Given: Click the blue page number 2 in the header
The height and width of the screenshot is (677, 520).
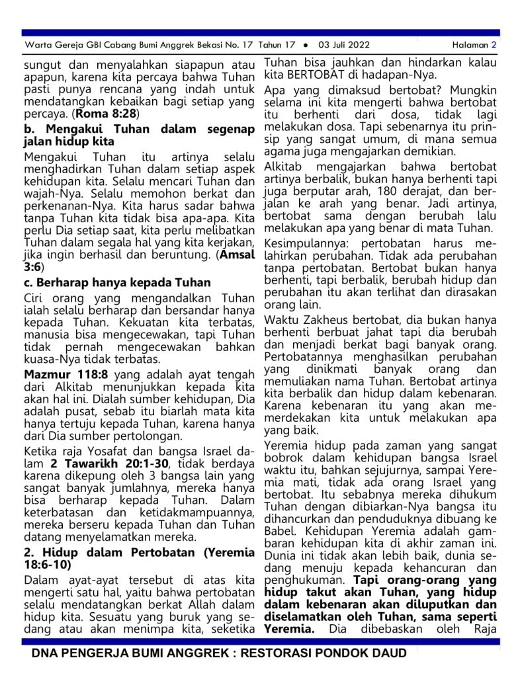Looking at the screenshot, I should tap(494, 45).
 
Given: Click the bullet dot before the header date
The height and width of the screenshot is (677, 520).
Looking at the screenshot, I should tap(305, 45).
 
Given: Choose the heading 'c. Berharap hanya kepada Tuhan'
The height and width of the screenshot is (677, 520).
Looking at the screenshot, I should tap(117, 282).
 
